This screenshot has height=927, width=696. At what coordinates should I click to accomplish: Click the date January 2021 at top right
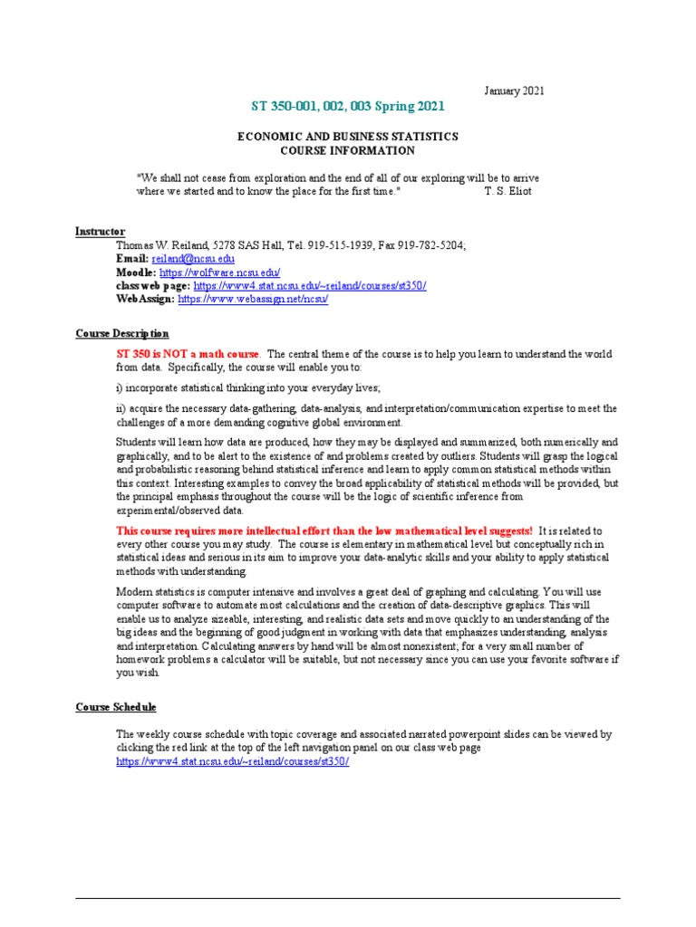(x=514, y=91)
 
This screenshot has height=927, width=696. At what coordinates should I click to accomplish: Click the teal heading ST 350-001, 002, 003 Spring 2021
(x=347, y=107)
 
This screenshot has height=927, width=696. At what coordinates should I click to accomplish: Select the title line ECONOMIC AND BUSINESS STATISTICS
(x=348, y=136)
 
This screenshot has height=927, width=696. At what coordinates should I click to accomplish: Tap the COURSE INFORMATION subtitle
(x=348, y=149)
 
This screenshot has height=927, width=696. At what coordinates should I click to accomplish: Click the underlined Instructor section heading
(x=100, y=232)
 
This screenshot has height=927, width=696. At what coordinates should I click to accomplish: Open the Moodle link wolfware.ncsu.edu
(x=220, y=272)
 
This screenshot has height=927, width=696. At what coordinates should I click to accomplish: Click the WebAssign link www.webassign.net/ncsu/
(x=253, y=300)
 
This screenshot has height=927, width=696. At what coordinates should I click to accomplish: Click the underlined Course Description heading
(x=121, y=334)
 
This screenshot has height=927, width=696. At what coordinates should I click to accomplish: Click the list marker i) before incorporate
(x=120, y=387)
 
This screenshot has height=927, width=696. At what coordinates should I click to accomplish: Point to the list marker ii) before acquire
(x=121, y=408)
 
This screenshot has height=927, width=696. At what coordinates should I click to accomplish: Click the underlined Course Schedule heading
(x=116, y=707)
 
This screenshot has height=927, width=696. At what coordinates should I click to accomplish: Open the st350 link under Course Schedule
(x=232, y=761)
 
